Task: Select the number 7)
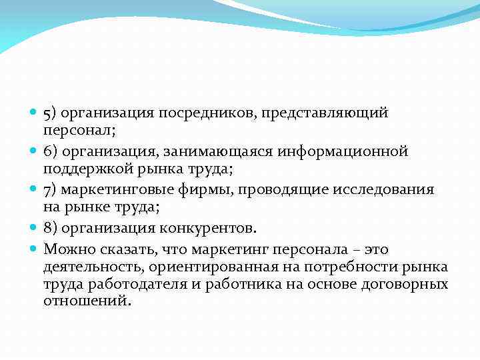point(51,190)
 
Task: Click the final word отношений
point(86,301)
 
